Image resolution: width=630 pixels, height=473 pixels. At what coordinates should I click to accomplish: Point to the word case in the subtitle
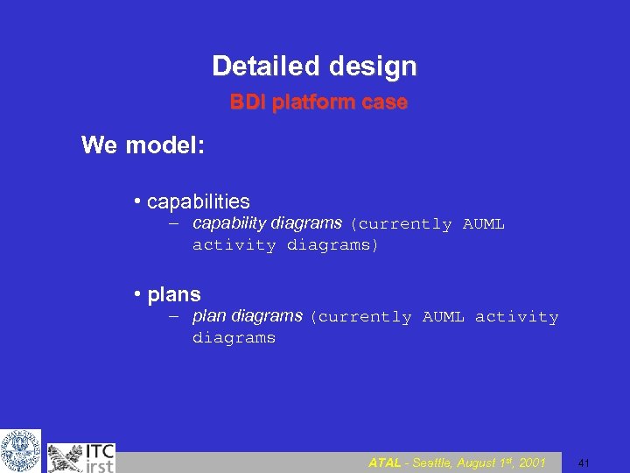[385, 102]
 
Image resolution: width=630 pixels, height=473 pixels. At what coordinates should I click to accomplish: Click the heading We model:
[143, 145]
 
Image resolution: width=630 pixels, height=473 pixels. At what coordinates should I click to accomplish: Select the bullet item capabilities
[198, 201]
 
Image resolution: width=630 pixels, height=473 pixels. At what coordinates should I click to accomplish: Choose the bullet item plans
[174, 294]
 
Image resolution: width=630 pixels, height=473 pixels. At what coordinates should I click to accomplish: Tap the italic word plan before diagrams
[208, 315]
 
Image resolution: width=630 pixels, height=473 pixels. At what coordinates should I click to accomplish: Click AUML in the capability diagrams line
[483, 224]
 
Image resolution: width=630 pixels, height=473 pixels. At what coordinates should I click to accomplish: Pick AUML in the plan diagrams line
[443, 317]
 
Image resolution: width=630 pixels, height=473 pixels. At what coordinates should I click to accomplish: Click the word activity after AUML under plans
[516, 317]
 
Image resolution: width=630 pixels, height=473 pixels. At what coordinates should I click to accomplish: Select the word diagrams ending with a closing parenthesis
[332, 245]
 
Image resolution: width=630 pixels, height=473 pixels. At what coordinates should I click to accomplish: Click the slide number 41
[584, 462]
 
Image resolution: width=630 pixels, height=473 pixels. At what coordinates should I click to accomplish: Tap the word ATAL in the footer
[386, 462]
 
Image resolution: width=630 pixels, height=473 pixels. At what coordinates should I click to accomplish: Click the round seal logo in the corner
[20, 451]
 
